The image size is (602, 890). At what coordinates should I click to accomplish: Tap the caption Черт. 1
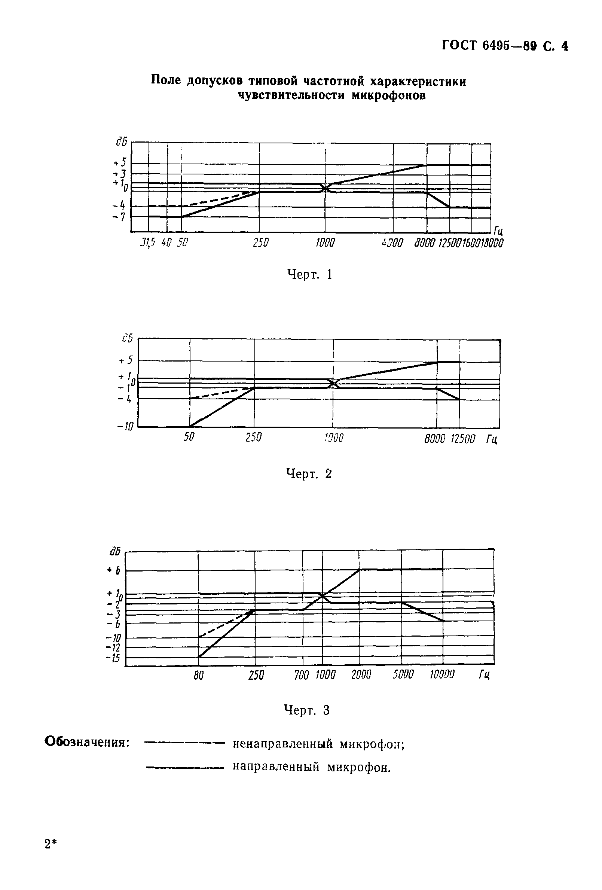click(x=309, y=274)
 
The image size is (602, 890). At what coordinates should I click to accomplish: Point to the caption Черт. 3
click(x=307, y=710)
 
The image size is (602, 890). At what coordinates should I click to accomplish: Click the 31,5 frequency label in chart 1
click(x=147, y=243)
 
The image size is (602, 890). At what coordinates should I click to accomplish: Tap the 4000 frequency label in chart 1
click(x=392, y=243)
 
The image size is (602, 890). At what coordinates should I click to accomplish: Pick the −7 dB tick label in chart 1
click(x=119, y=217)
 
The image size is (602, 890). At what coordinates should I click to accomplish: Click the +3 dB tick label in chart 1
click(x=119, y=174)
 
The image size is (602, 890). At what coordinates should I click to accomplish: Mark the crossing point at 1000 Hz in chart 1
click(x=325, y=188)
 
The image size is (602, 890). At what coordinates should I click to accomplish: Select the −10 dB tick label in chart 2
click(x=125, y=427)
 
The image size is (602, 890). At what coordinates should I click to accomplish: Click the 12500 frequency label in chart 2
click(x=462, y=439)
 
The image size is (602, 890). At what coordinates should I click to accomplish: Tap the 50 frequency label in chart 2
click(x=189, y=437)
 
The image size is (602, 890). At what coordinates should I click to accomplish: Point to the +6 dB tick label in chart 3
click(x=114, y=571)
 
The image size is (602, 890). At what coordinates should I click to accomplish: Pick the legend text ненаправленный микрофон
click(x=318, y=744)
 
